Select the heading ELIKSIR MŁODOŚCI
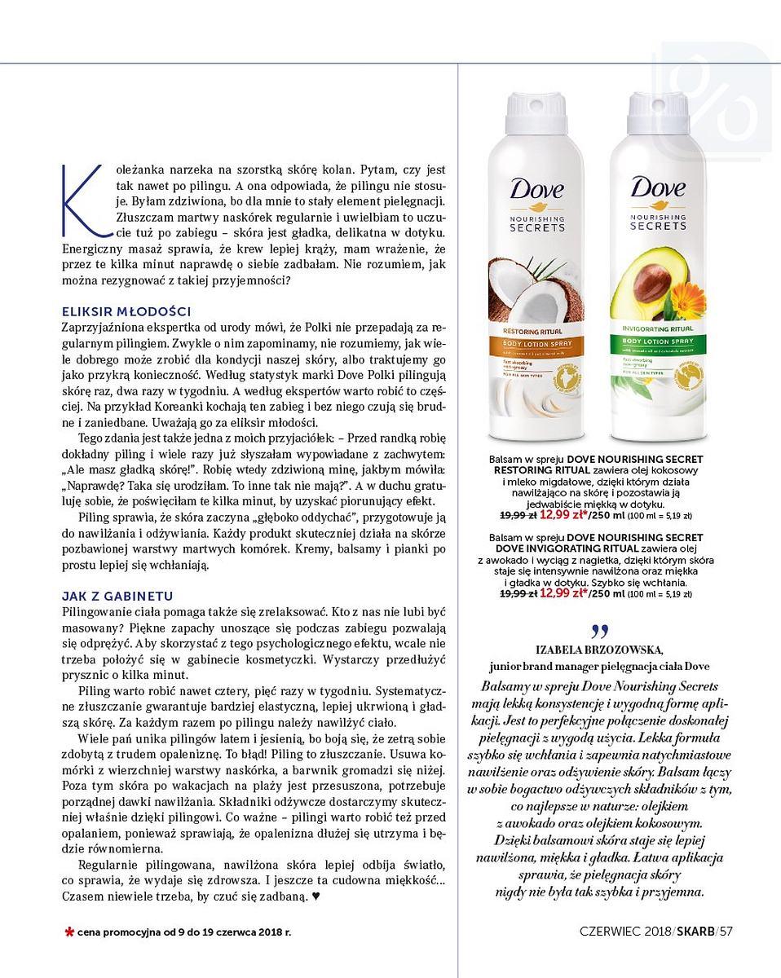(x=126, y=311)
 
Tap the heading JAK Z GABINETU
(x=117, y=596)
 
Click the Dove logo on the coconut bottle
(x=536, y=192)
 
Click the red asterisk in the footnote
(x=69, y=931)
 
